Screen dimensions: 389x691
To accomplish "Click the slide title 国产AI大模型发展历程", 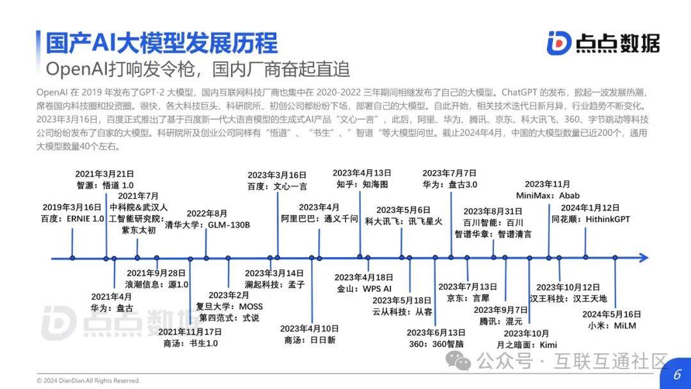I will pos(161,43).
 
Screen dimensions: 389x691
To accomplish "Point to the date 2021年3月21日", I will pos(104,173).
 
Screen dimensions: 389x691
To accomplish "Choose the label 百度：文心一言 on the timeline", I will pos(277,186).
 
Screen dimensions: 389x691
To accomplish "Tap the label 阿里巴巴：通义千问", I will pos(319,218).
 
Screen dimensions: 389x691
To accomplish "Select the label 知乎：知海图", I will pos(361,184).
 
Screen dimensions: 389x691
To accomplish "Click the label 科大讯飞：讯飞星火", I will pos(403,221).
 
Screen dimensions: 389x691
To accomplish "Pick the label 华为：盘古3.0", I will pos(449,184).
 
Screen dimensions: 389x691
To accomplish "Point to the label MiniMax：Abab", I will pos(547,196).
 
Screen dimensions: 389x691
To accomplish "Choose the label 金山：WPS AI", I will pos(363,289).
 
